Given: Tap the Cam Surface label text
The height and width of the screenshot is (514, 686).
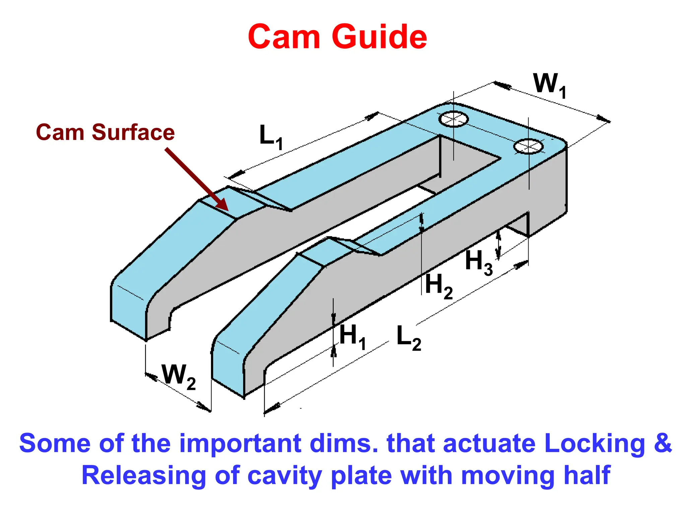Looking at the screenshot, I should coord(105,132).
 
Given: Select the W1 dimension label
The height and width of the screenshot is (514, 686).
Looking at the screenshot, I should coord(549,85).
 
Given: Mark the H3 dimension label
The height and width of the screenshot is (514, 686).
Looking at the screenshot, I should coord(479,262).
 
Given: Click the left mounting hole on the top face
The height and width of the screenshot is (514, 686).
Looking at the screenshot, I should coord(454,119).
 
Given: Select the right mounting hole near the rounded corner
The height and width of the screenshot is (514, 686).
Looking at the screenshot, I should coord(528,146).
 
